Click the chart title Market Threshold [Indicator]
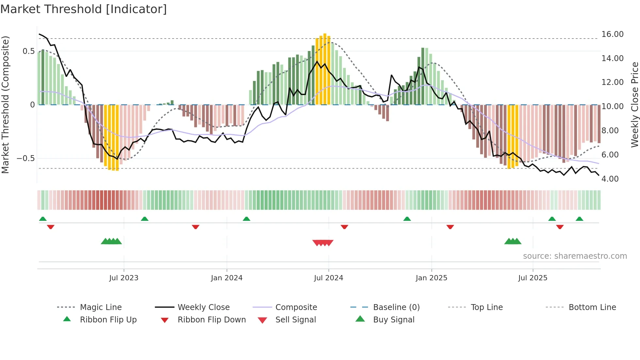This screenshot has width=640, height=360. (84, 9)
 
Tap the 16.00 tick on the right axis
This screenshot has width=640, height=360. (612, 34)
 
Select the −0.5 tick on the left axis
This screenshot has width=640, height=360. (25, 158)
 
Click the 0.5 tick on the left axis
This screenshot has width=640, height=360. (28, 51)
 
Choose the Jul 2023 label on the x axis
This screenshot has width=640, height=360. (124, 278)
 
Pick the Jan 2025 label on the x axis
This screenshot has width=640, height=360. (431, 278)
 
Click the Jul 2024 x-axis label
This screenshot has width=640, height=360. (328, 278)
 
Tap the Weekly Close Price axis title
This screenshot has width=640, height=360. (634, 105)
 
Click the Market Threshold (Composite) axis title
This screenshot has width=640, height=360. (5, 105)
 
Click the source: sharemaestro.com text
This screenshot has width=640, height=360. (575, 256)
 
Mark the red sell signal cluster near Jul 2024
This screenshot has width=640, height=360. (323, 243)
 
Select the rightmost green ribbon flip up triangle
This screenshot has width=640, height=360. (579, 219)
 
